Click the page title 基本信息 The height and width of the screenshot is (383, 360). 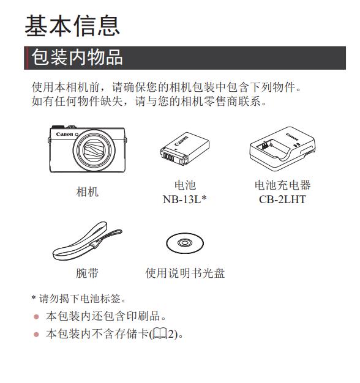pos(72,26)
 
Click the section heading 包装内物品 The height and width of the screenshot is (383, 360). pos(77,58)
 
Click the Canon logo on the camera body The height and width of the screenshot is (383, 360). pos(64,134)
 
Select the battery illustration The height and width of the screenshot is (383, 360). pos(185,149)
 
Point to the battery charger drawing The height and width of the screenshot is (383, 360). pos(282,149)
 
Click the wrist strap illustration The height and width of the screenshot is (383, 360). pos(88,241)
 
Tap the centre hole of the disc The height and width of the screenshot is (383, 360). pos(185,243)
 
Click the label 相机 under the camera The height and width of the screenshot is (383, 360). pos(88,191)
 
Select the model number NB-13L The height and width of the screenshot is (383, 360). pos(182,199)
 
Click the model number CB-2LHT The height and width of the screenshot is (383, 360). pos(282,199)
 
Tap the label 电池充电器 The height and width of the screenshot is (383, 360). pos(282,185)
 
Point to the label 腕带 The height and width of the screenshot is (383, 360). pos(88,273)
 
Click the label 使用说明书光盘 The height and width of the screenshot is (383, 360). pos(185,273)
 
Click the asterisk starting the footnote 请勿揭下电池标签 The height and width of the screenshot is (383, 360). pos(34,297)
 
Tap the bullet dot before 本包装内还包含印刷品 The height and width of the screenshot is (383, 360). pos(36,317)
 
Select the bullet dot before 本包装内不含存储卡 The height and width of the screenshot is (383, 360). pos(36,334)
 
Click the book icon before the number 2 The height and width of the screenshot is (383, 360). pos(160,334)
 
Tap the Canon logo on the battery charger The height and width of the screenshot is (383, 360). pos(292,137)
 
